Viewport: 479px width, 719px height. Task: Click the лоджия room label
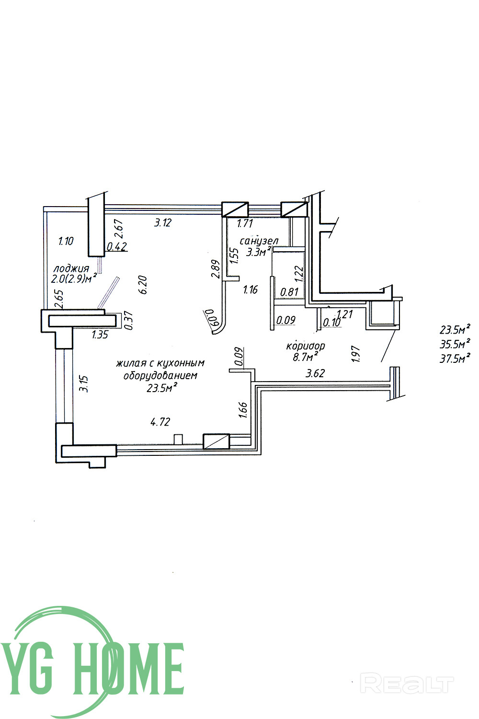pyautogui.click(x=71, y=268)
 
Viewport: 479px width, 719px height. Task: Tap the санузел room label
pyautogui.click(x=259, y=241)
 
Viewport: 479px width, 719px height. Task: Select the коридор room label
pyautogui.click(x=306, y=346)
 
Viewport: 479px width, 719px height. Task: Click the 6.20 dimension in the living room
pyautogui.click(x=143, y=285)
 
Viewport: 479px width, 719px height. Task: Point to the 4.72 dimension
pyautogui.click(x=160, y=422)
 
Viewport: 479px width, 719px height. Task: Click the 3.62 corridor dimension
pyautogui.click(x=315, y=373)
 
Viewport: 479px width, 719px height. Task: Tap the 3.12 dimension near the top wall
pyautogui.click(x=162, y=222)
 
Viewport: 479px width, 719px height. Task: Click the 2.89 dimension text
pyautogui.click(x=215, y=269)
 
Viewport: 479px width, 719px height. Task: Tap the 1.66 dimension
pyautogui.click(x=242, y=411)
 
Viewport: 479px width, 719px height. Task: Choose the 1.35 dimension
pyautogui.click(x=100, y=335)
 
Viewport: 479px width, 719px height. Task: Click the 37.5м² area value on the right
pyautogui.click(x=455, y=358)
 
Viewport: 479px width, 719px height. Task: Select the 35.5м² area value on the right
pyautogui.click(x=455, y=344)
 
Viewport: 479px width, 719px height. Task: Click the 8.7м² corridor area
pyautogui.click(x=306, y=357)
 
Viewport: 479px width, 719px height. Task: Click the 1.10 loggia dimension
pyautogui.click(x=66, y=241)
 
